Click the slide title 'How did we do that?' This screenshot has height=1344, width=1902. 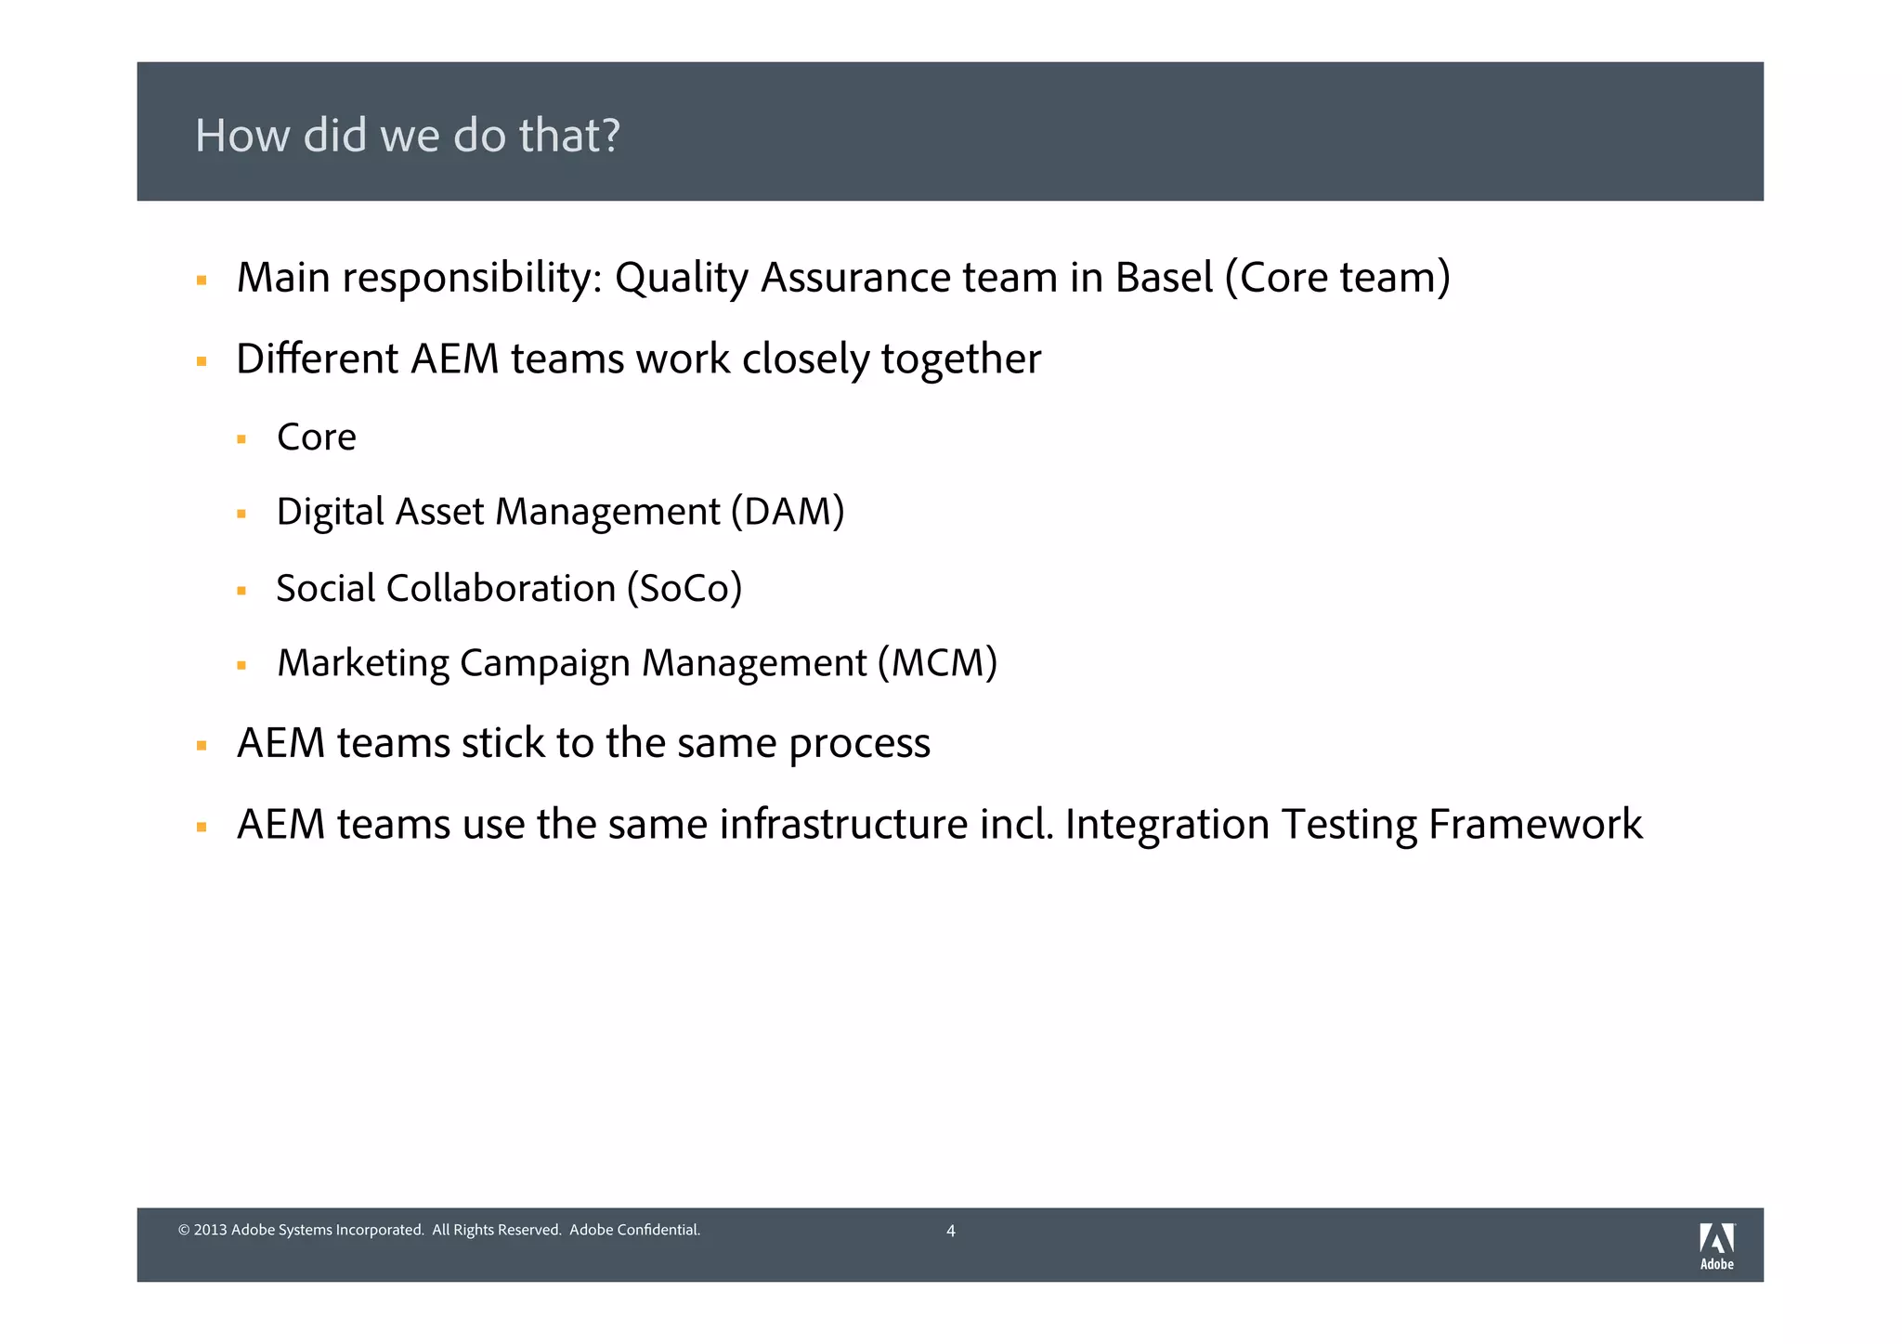point(407,136)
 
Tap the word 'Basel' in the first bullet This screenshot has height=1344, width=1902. point(1164,278)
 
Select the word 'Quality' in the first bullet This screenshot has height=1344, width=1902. point(681,278)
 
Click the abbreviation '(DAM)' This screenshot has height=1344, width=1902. point(788,512)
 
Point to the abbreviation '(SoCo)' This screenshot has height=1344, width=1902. point(684,589)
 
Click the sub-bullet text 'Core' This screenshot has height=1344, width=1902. point(316,437)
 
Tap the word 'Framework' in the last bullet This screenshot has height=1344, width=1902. point(1535,824)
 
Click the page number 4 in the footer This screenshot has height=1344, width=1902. point(950,1232)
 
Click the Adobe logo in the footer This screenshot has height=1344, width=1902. point(1716,1245)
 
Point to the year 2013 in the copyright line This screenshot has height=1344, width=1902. point(211,1231)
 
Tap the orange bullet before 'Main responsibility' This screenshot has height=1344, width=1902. point(202,281)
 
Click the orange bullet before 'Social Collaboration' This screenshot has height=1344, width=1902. point(241,591)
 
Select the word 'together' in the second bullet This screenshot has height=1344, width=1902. point(960,359)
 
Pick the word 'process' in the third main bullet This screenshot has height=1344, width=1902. point(859,744)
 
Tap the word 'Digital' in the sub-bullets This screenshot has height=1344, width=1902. point(330,512)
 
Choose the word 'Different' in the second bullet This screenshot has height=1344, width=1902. point(317,359)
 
